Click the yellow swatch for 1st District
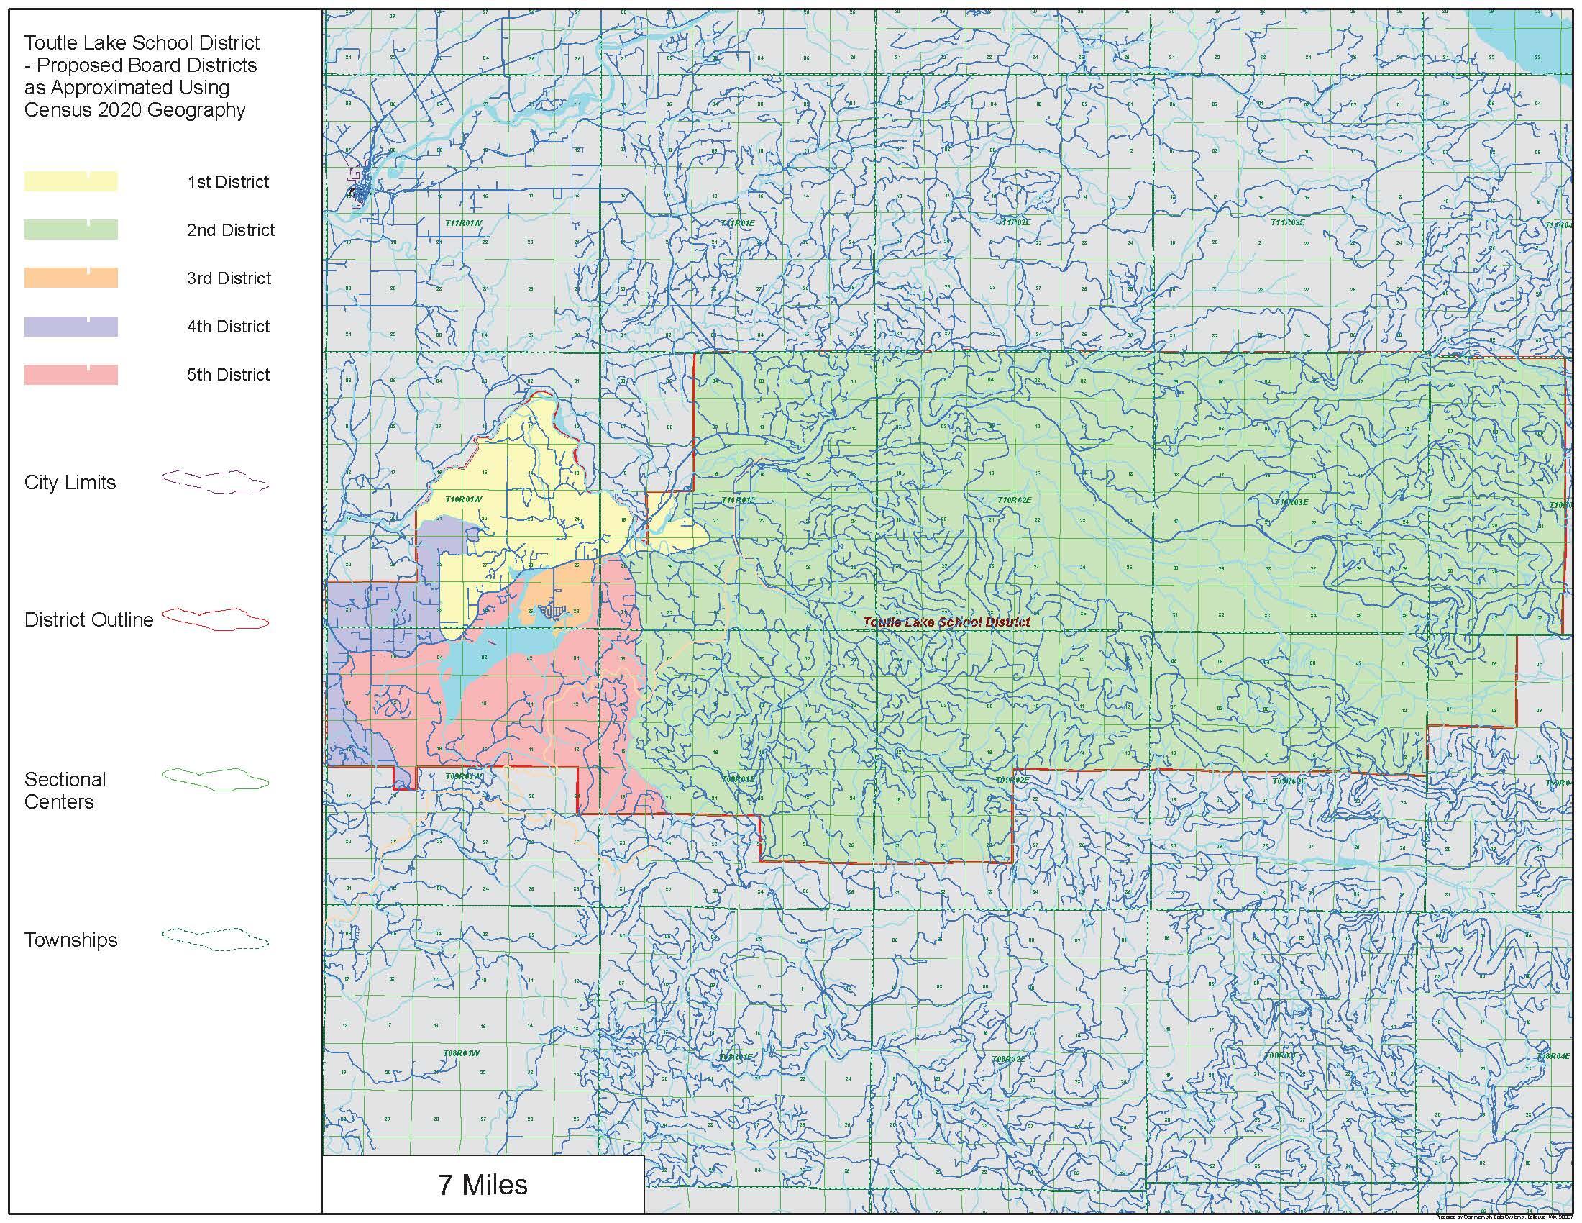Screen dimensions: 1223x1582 pyautogui.click(x=71, y=181)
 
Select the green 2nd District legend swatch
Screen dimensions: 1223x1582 pyautogui.click(x=71, y=229)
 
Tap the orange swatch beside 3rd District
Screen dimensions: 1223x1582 pyautogui.click(x=71, y=278)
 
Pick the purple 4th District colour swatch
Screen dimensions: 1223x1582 pyautogui.click(x=71, y=326)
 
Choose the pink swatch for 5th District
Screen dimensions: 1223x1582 pyautogui.click(x=71, y=375)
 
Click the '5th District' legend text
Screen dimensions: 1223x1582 pyautogui.click(x=228, y=375)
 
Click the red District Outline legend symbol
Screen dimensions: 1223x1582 pyautogui.click(x=215, y=619)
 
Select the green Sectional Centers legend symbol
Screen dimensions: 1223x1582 pyautogui.click(x=215, y=780)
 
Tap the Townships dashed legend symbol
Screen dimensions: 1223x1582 pyautogui.click(x=215, y=940)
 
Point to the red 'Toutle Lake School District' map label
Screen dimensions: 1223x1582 pyautogui.click(x=947, y=622)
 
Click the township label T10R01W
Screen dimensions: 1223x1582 pyautogui.click(x=464, y=499)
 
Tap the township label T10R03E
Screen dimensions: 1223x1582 pyautogui.click(x=1290, y=501)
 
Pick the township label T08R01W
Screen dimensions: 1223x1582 pyautogui.click(x=462, y=1053)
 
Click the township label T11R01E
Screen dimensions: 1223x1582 pyautogui.click(x=737, y=223)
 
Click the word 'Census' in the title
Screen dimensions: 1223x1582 pyautogui.click(x=57, y=110)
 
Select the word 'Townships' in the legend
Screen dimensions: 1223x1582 pyautogui.click(x=70, y=940)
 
